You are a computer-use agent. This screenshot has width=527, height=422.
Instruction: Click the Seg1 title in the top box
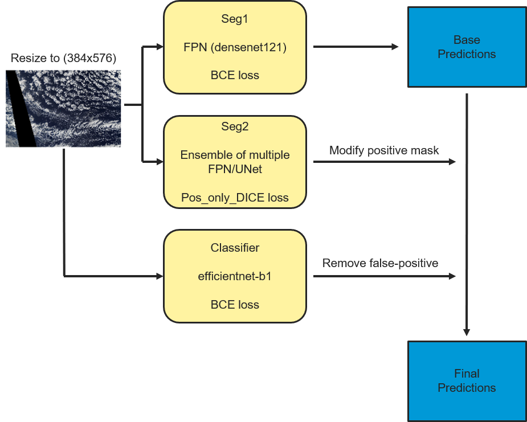[x=235, y=19]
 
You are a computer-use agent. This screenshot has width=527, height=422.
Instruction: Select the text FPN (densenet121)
[x=235, y=47]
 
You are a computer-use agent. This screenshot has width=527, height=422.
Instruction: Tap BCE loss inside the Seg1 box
[x=235, y=75]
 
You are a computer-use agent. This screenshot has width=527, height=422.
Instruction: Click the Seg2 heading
[x=235, y=126]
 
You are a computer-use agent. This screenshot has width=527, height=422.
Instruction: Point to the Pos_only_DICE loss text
[x=235, y=198]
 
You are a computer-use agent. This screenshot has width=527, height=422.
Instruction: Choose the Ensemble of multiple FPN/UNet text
[x=235, y=162]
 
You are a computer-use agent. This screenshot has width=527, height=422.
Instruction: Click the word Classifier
[x=235, y=248]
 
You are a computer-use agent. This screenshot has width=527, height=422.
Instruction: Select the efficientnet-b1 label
[x=235, y=277]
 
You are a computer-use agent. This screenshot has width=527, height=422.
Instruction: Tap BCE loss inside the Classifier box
[x=235, y=305]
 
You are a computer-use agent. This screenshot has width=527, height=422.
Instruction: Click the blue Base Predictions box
[x=467, y=47]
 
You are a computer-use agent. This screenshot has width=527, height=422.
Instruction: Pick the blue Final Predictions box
[x=467, y=381]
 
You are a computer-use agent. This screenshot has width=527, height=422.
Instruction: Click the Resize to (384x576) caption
[x=63, y=59]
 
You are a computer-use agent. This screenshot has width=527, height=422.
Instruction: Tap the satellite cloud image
[x=63, y=109]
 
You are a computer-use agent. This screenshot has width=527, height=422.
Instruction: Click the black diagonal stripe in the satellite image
[x=21, y=109]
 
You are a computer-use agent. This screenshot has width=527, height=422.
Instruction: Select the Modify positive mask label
[x=384, y=150]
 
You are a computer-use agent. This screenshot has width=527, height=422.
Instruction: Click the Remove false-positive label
[x=380, y=263]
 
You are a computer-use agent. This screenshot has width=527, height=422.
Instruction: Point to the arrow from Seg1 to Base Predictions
[x=356, y=47]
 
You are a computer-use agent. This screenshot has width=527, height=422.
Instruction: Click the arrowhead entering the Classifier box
[x=160, y=277]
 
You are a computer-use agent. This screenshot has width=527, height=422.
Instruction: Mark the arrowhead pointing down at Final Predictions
[x=467, y=332]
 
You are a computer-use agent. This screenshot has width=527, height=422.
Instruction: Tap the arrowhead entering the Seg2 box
[x=160, y=162]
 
